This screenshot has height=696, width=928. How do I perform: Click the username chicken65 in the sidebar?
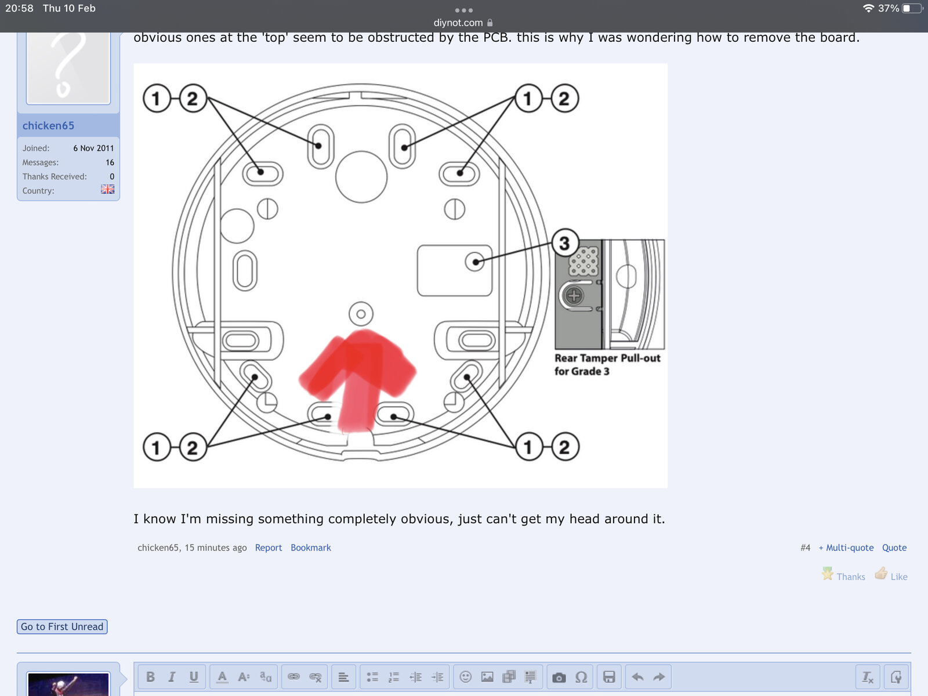click(x=48, y=126)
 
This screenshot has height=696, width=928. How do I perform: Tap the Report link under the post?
click(x=268, y=548)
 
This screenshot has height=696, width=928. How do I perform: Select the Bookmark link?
click(x=310, y=548)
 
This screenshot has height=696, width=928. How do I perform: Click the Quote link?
click(x=894, y=548)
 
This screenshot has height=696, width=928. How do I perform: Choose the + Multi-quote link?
click(x=846, y=548)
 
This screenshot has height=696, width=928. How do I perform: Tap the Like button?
click(x=891, y=575)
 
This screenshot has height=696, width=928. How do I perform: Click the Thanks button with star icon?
click(x=843, y=575)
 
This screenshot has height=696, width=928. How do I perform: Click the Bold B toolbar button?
click(x=150, y=677)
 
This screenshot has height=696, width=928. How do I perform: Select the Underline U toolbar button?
click(x=194, y=677)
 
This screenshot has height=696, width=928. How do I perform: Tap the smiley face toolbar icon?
click(x=465, y=677)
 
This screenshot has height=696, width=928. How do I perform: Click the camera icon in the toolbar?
click(x=559, y=677)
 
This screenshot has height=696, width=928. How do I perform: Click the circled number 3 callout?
click(x=564, y=243)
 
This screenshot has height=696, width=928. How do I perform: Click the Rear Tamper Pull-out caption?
click(x=607, y=364)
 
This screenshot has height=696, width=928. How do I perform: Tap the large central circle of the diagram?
click(x=361, y=177)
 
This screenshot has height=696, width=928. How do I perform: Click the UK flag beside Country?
click(x=107, y=190)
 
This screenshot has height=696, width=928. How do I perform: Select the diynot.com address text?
click(x=458, y=23)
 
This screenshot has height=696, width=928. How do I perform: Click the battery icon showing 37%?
click(x=912, y=8)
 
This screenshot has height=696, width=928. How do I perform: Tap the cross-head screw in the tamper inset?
click(x=574, y=296)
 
